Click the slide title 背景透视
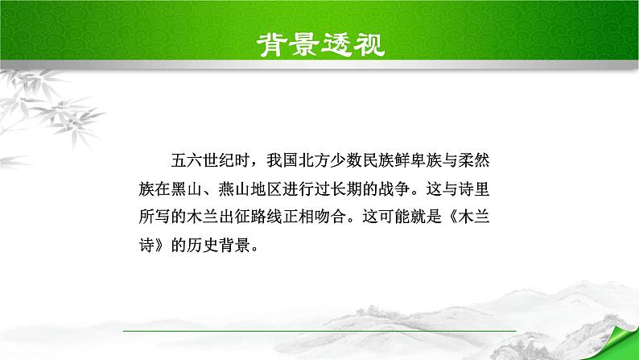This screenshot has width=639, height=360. click(319, 43)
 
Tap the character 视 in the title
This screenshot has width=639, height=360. click(367, 43)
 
